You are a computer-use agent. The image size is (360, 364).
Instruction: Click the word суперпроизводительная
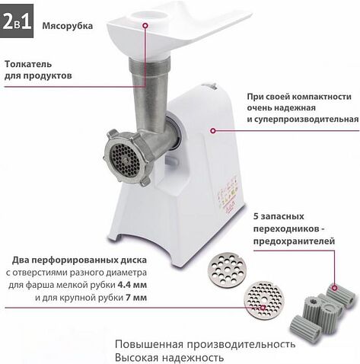pos(302,120)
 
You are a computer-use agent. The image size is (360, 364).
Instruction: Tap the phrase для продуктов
pos(39,77)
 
